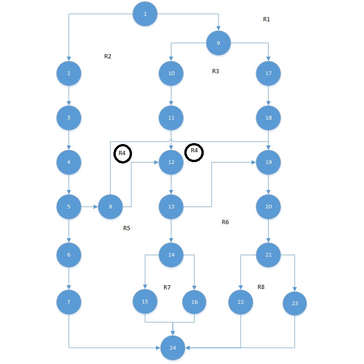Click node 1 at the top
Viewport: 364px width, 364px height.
145,14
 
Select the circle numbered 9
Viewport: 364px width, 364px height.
218,43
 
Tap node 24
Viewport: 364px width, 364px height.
173,347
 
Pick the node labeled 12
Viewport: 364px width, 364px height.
171,163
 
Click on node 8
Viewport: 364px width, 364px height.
110,207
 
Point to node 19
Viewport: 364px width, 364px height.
269,163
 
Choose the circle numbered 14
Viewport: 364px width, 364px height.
171,254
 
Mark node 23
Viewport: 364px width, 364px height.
295,304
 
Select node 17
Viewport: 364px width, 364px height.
269,73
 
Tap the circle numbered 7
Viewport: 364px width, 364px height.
69,302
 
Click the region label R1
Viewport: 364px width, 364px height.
266,19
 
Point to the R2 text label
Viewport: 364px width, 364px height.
108,56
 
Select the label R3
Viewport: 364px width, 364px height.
215,71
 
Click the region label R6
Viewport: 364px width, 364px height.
226,222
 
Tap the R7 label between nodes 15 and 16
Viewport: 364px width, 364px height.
167,288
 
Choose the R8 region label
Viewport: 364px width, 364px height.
261,287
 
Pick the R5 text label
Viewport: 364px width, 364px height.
126,228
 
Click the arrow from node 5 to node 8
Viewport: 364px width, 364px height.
89,207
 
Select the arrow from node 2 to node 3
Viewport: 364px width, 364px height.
69,95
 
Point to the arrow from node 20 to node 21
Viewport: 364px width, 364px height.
269,230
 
